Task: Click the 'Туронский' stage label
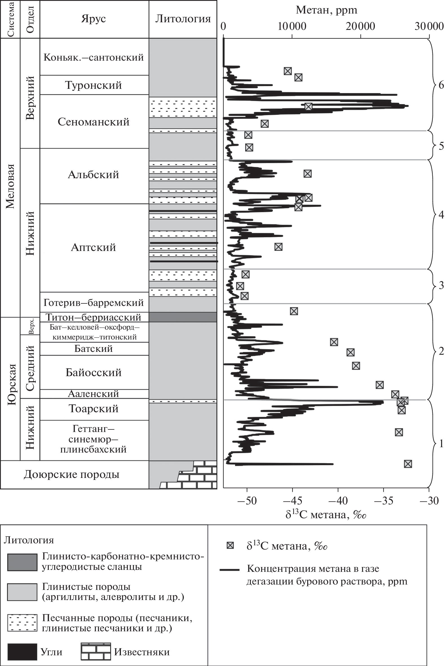pyautogui.click(x=94, y=85)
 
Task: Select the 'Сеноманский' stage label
pyautogui.click(x=94, y=122)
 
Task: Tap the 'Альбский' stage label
pyautogui.click(x=94, y=175)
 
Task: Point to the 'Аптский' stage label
pyautogui.click(x=94, y=247)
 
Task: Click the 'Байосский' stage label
pyautogui.click(x=94, y=372)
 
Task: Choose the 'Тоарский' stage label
pyautogui.click(x=94, y=409)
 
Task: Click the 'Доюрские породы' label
pyautogui.click(x=72, y=474)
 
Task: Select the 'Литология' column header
pyautogui.click(x=183, y=19)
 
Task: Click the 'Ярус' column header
pyautogui.click(x=94, y=19)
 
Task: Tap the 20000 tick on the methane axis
pyautogui.click(x=361, y=27)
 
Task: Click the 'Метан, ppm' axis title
pyautogui.click(x=326, y=10)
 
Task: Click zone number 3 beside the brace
pyautogui.click(x=441, y=285)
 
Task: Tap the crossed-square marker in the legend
pyautogui.click(x=230, y=546)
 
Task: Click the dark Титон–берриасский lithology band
pyautogui.click(x=183, y=317)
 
